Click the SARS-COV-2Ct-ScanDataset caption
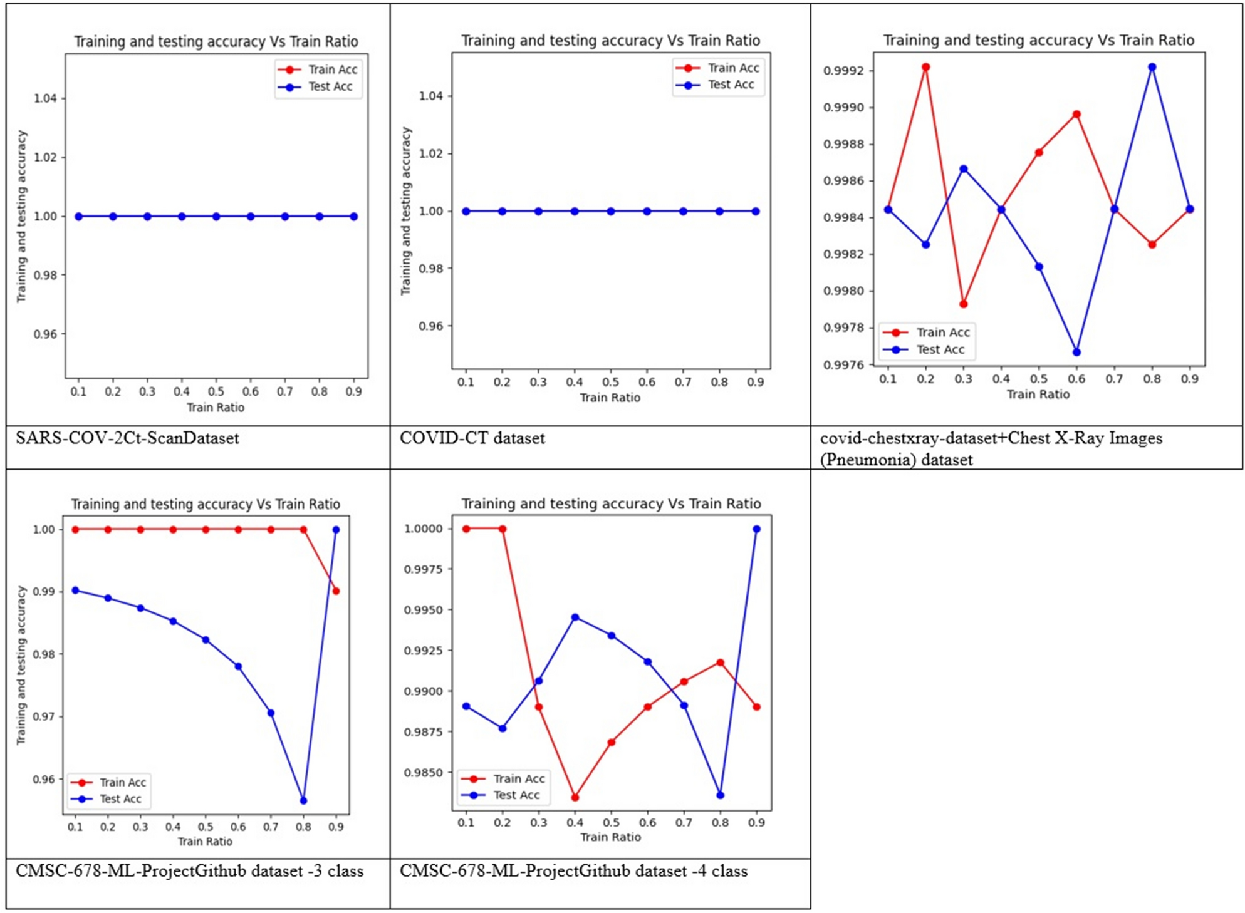127,438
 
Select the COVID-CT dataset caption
472,438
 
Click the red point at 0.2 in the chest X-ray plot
925,67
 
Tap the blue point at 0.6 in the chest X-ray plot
1076,352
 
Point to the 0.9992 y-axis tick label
843,71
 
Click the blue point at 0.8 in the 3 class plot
303,800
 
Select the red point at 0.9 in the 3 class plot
336,591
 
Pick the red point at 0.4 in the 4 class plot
575,797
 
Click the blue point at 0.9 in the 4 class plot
756,529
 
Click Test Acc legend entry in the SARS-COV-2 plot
330,86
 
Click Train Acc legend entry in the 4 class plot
518,778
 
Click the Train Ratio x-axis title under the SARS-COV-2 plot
216,408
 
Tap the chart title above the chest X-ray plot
1038,40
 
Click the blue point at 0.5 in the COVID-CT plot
610,211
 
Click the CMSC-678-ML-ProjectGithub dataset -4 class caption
573,871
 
